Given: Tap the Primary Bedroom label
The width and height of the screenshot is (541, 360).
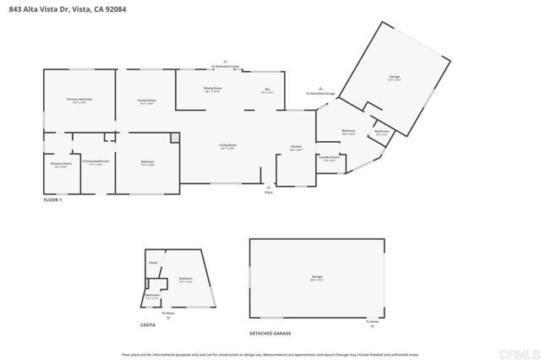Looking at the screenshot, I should click(79, 101).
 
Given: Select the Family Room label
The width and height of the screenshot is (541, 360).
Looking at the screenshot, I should click(147, 101).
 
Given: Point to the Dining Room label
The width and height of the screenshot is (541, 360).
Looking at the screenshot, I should click(212, 89).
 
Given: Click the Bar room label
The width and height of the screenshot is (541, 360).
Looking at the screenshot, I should click(267, 89).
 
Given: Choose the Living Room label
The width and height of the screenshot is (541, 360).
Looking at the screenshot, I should click(227, 146).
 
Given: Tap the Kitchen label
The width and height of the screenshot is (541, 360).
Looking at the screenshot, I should click(296, 147).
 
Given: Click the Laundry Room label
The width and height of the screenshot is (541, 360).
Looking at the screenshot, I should click(330, 157).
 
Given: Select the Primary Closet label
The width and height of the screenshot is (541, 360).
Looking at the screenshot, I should click(60, 164).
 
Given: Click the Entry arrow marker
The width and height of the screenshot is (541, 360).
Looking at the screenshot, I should click(269, 187).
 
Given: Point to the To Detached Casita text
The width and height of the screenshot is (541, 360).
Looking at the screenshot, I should click(226, 65).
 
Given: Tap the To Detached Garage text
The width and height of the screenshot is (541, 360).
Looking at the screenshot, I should click(320, 93).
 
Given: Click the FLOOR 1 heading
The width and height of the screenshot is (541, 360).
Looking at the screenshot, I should click(52, 200).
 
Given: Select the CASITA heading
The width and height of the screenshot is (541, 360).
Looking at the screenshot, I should click(148, 325).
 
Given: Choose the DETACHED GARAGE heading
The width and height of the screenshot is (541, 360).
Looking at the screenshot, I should click(270, 333).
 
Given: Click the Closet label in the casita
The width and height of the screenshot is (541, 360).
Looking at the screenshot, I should click(153, 263).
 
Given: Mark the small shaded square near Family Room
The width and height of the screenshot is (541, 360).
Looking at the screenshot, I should click(175, 137).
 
